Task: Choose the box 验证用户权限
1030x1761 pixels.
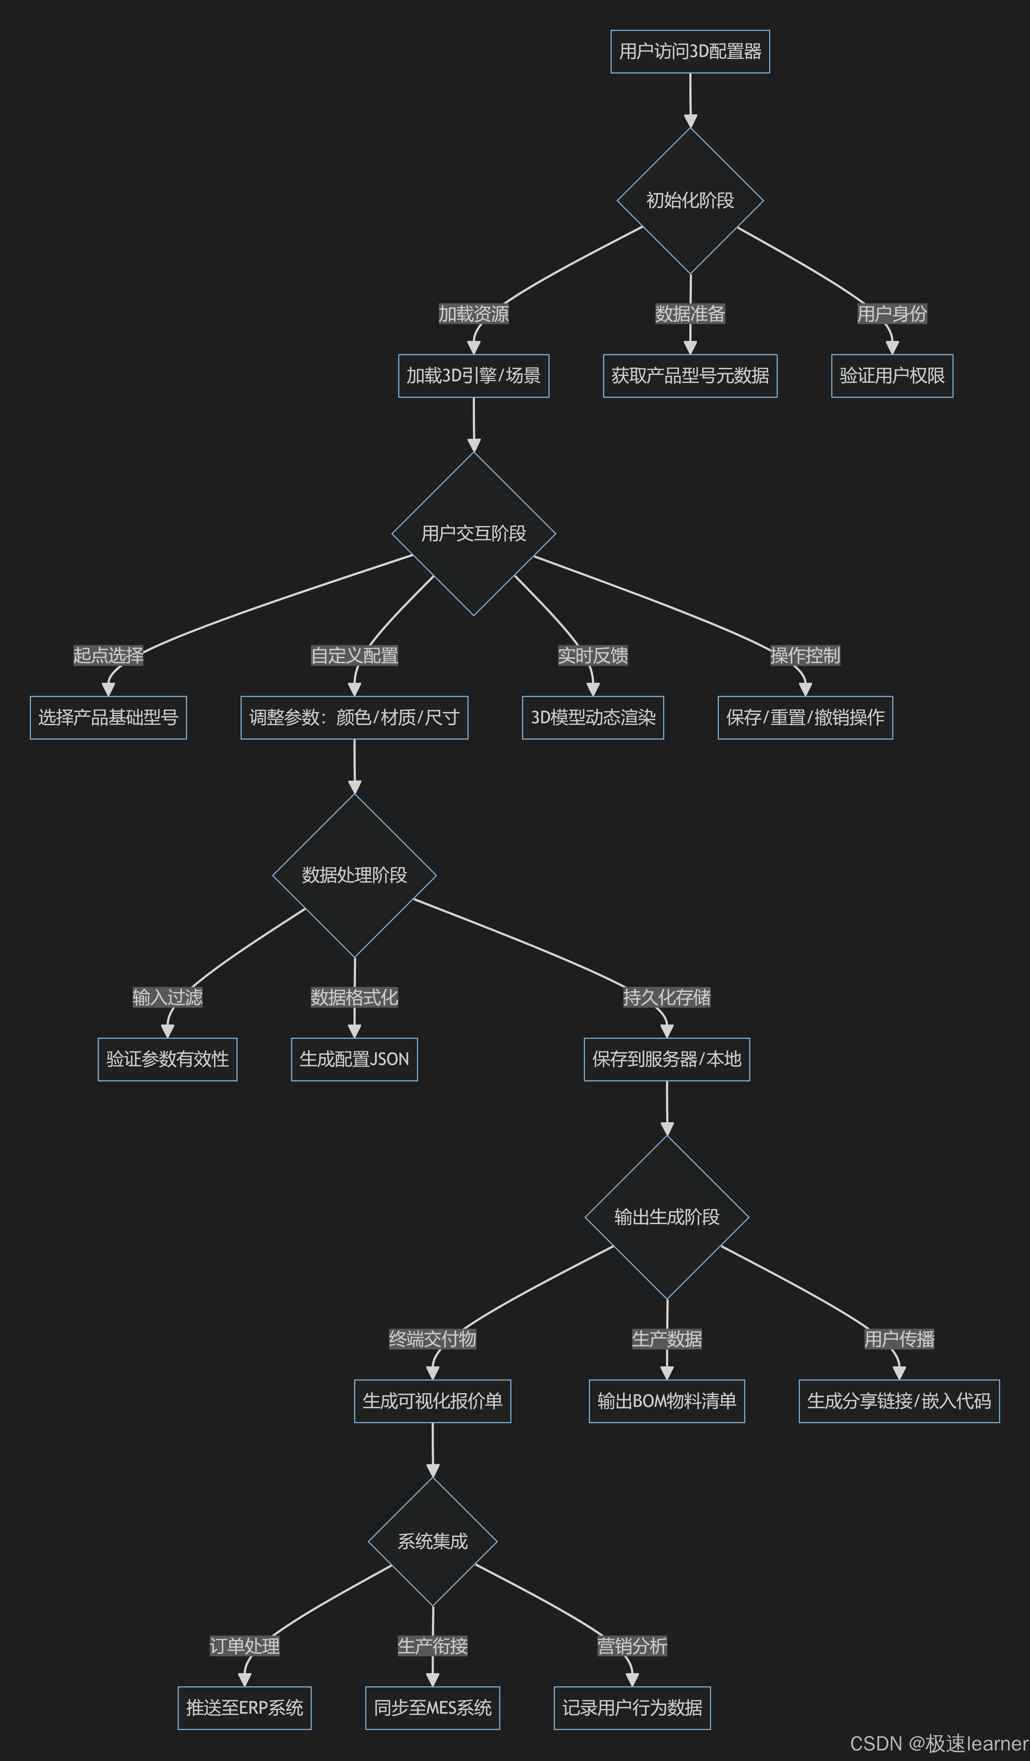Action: click(x=892, y=376)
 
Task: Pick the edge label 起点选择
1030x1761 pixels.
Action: click(x=108, y=655)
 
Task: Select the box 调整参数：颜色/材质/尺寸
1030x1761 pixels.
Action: click(x=354, y=718)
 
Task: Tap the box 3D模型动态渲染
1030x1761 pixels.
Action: click(x=593, y=718)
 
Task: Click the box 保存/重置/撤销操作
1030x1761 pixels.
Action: click(x=805, y=718)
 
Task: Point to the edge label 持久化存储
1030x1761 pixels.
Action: click(x=667, y=997)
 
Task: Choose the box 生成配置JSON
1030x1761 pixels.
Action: click(x=354, y=1059)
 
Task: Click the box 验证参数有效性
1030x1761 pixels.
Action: click(x=168, y=1059)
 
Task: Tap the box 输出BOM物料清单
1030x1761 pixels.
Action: click(x=667, y=1401)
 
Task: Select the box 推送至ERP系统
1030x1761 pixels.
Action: click(x=245, y=1708)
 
